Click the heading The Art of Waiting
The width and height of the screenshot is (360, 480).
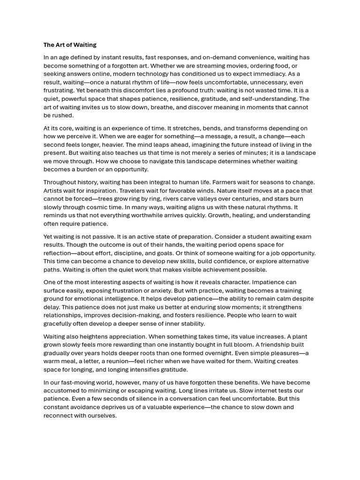click(x=70, y=45)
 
